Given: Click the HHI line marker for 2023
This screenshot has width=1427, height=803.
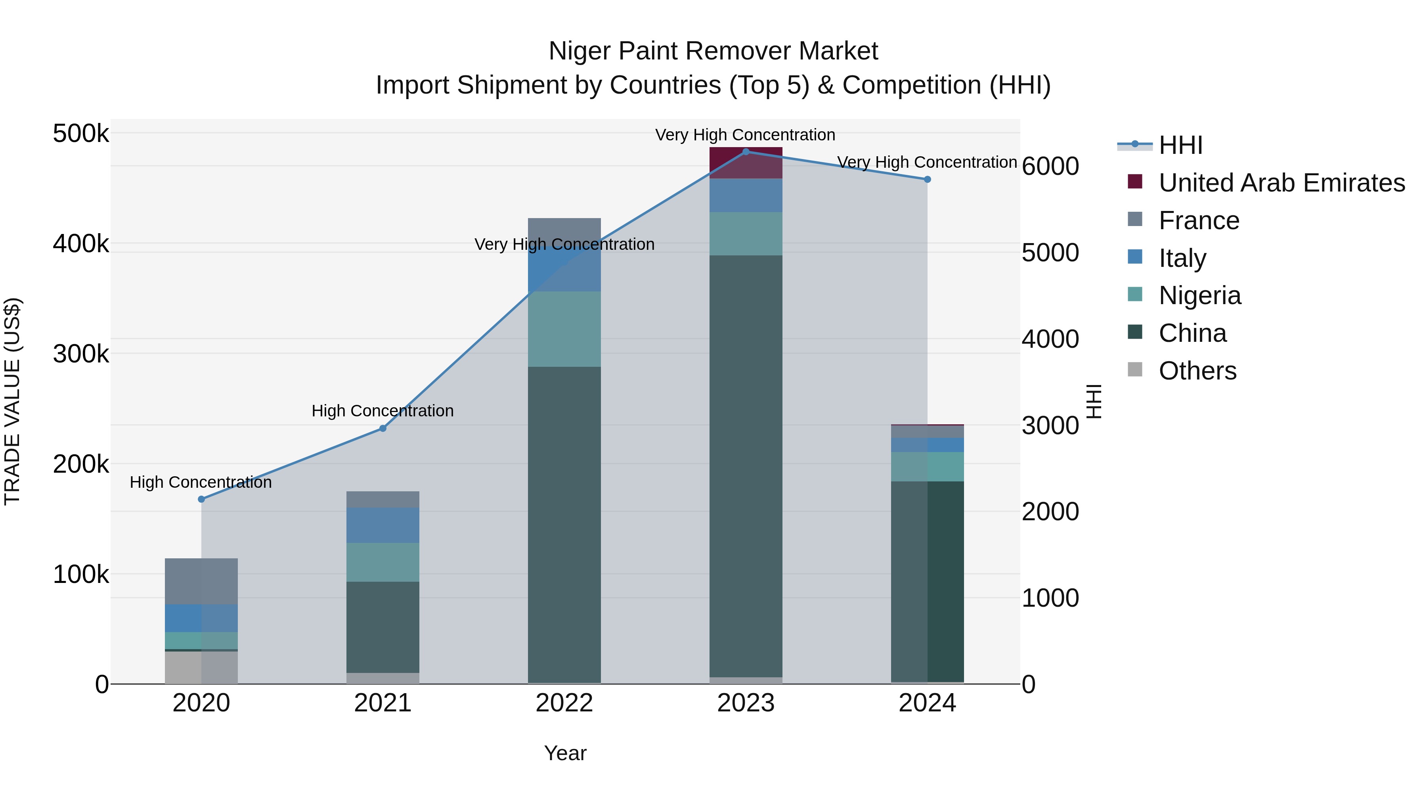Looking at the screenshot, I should point(746,152).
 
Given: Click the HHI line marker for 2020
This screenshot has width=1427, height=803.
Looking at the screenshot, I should point(201,499).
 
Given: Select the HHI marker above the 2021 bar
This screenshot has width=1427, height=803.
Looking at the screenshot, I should point(383,428).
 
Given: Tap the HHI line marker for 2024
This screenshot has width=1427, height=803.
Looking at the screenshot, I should point(927,180).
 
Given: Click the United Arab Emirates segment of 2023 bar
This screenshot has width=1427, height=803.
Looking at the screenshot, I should point(746,163).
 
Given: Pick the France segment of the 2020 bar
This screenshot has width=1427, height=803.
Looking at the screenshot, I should point(201,581).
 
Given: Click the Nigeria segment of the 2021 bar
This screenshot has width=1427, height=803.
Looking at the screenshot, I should point(383,562).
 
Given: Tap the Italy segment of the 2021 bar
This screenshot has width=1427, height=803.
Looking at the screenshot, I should point(383,525).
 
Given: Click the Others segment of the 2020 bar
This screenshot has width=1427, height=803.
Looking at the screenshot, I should point(201,667).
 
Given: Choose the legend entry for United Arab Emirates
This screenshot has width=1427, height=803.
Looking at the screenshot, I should point(1281,183).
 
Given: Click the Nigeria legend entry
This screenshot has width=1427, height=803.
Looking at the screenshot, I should point(1199,295).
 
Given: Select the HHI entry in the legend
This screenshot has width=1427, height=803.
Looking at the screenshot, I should point(1180,145).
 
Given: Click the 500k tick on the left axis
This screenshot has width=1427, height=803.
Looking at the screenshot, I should point(81,134).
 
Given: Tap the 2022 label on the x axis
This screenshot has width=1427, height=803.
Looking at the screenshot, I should point(564,703).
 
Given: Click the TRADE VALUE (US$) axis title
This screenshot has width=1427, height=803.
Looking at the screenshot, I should point(12,401).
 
